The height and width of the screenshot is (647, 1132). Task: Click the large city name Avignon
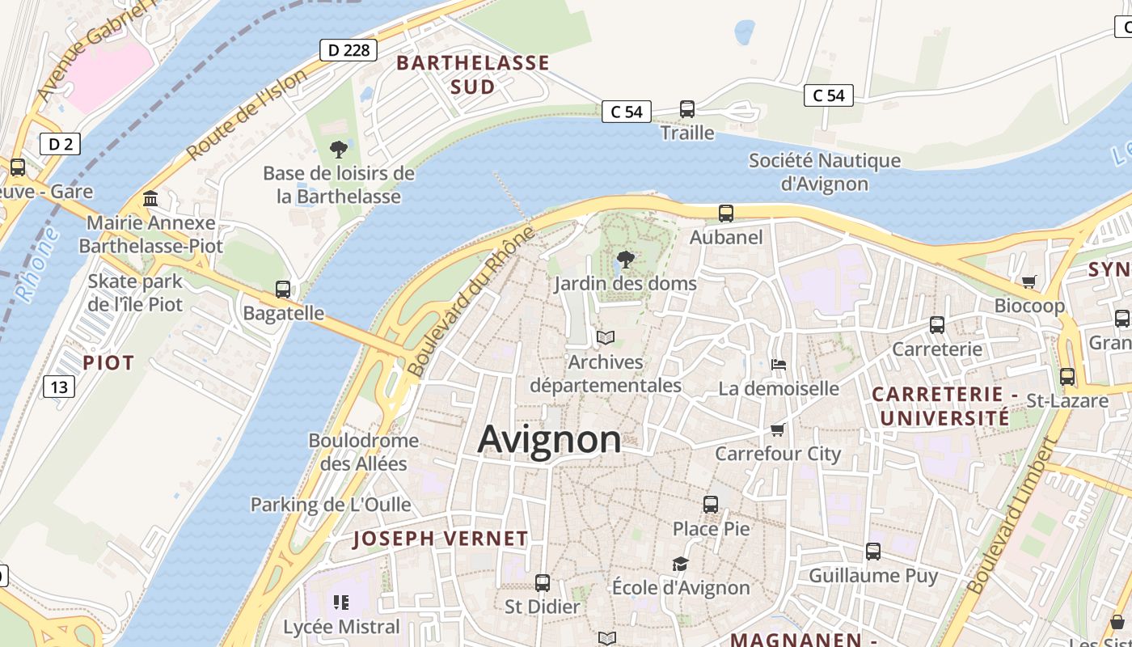pos(549,440)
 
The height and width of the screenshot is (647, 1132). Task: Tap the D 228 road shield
pos(348,50)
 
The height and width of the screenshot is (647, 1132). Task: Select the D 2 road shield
pos(60,144)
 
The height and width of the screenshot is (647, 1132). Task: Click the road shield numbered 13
pos(59,387)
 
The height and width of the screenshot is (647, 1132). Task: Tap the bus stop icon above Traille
pos(687,108)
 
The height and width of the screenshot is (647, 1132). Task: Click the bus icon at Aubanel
pos(726,214)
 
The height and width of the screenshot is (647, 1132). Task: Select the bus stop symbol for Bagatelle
pos(283,289)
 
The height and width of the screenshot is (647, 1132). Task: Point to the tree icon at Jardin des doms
pos(625,260)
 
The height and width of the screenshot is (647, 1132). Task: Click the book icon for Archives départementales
pos(606,337)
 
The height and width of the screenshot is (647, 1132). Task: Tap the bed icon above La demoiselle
pos(779,364)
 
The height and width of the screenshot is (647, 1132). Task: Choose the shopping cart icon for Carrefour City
pos(778,429)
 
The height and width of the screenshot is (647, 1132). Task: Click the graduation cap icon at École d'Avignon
pos(681,563)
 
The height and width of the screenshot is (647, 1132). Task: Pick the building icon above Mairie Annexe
pos(150,198)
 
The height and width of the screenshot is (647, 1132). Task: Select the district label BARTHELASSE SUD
pos(473,74)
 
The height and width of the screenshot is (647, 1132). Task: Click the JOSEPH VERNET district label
pos(441,539)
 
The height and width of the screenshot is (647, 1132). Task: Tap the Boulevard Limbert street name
pos(1012,516)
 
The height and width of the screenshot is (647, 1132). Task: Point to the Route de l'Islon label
pos(247,114)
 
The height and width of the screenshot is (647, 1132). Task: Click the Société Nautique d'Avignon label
pos(824,171)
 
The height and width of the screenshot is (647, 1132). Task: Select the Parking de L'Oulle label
pos(331,505)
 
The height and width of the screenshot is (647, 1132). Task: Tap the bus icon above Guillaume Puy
pos(873,552)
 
